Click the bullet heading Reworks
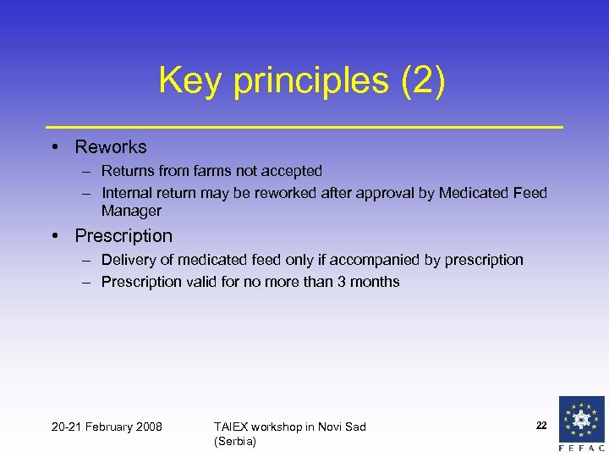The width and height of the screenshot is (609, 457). (x=111, y=147)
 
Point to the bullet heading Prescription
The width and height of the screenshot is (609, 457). (x=123, y=236)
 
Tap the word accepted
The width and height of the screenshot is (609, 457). (x=293, y=171)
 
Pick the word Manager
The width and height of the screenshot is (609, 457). (x=131, y=211)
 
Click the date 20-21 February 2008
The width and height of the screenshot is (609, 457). (x=107, y=427)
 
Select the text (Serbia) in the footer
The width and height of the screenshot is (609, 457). (x=235, y=441)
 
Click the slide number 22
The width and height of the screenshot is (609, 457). (x=541, y=424)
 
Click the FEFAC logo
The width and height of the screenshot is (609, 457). (x=582, y=424)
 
